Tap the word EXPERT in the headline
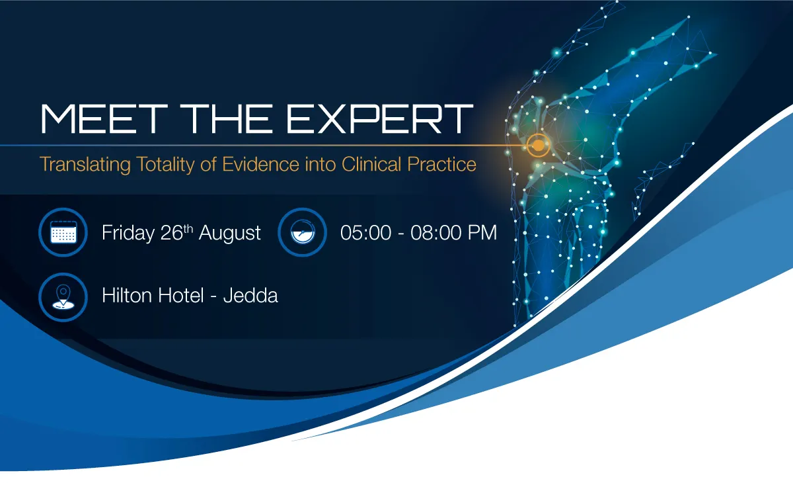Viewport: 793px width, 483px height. (x=379, y=118)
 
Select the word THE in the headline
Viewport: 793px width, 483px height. (x=227, y=118)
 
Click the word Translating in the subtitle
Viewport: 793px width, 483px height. (x=85, y=165)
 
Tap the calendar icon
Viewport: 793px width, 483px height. (x=63, y=232)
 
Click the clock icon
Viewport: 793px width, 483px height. (x=303, y=232)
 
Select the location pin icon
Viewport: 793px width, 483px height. (x=63, y=297)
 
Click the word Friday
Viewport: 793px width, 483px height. (x=128, y=234)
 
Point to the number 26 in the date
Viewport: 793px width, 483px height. (x=171, y=233)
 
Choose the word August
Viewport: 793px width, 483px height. (x=230, y=234)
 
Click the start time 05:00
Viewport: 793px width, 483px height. (x=365, y=233)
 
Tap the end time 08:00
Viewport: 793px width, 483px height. (x=436, y=233)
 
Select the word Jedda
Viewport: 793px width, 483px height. (x=250, y=296)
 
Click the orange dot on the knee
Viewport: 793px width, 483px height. (x=538, y=145)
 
